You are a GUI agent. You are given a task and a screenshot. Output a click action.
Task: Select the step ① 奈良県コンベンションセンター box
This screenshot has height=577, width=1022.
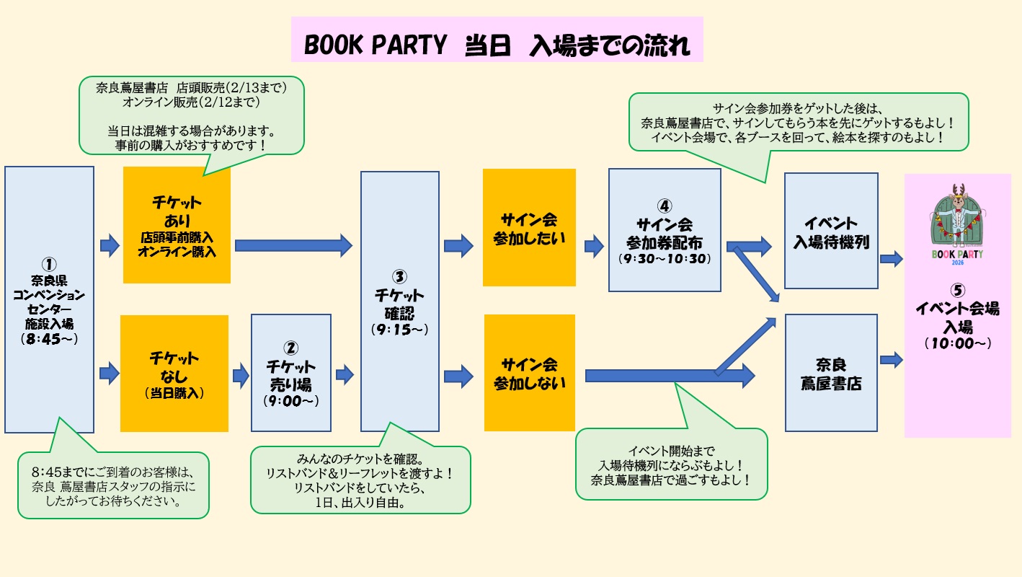tap(49, 299)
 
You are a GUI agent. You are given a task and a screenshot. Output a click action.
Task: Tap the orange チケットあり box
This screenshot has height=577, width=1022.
tap(177, 225)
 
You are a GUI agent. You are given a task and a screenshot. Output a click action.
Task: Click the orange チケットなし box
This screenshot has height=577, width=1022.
tap(174, 373)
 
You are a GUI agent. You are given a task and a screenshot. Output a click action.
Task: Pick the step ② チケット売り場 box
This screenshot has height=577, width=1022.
tap(290, 372)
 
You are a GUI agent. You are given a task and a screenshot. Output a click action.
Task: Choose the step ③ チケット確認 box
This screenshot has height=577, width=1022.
tap(399, 301)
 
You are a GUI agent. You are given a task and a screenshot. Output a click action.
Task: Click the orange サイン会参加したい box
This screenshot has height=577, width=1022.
tap(529, 227)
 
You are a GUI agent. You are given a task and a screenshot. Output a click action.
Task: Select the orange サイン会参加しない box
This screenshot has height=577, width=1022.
tap(529, 373)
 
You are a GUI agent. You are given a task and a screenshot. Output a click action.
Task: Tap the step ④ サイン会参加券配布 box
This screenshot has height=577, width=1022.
tap(664, 229)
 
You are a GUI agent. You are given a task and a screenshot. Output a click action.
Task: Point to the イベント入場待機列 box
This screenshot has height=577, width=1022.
tap(830, 231)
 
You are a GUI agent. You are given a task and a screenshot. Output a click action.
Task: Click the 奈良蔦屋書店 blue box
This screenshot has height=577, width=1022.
tap(830, 372)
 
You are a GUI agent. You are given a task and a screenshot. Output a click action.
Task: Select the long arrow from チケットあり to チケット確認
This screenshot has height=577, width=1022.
tap(293, 245)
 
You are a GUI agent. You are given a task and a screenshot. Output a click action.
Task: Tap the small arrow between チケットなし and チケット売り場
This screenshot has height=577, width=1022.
tap(240, 374)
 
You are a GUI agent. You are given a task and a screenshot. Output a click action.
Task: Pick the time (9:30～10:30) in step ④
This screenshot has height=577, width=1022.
tap(664, 257)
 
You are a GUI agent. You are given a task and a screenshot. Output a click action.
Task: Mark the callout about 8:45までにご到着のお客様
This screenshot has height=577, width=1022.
tap(113, 485)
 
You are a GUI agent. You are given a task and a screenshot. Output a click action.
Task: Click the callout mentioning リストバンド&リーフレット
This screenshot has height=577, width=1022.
tap(360, 480)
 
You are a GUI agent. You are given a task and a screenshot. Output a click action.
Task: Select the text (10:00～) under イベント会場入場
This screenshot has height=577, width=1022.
tap(957, 344)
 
